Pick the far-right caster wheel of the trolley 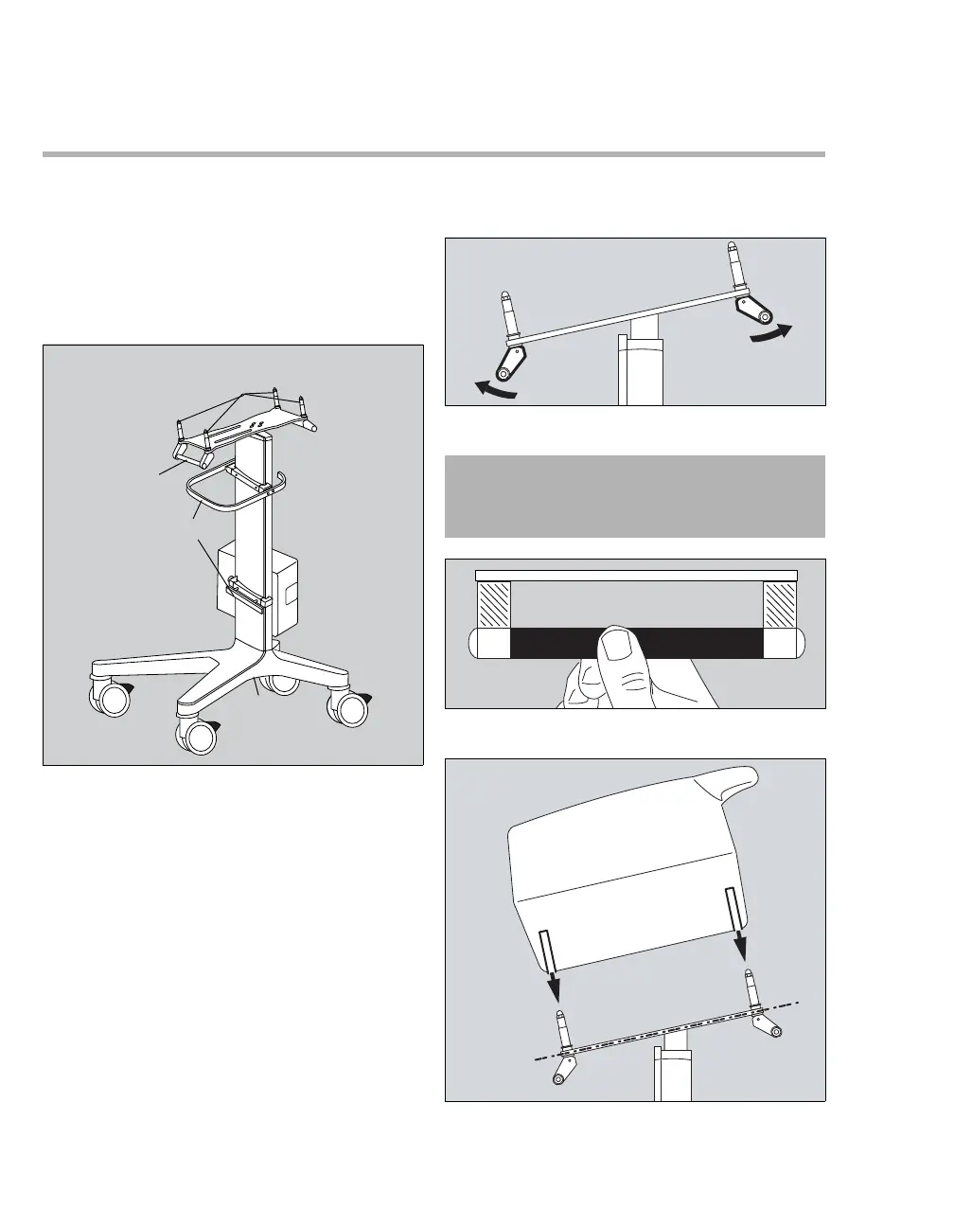click(x=347, y=709)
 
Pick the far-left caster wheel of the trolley click(x=111, y=699)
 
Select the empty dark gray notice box click(x=634, y=496)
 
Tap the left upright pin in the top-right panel click(x=507, y=312)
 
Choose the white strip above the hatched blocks click(x=636, y=575)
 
